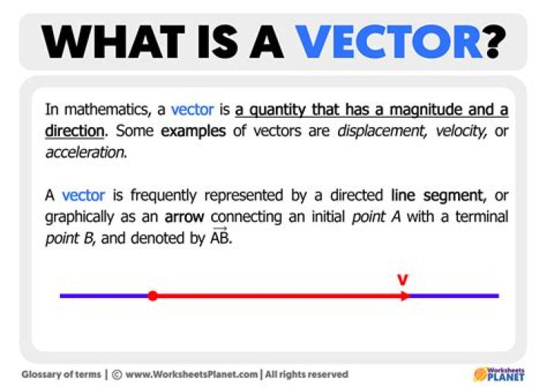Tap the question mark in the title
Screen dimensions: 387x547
pos(495,42)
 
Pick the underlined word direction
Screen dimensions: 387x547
pos(74,131)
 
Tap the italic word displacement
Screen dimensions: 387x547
pos(367,131)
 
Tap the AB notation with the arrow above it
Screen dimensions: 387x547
pos(220,237)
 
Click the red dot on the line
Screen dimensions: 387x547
pos(153,296)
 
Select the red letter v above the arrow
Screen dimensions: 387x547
pos(403,280)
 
